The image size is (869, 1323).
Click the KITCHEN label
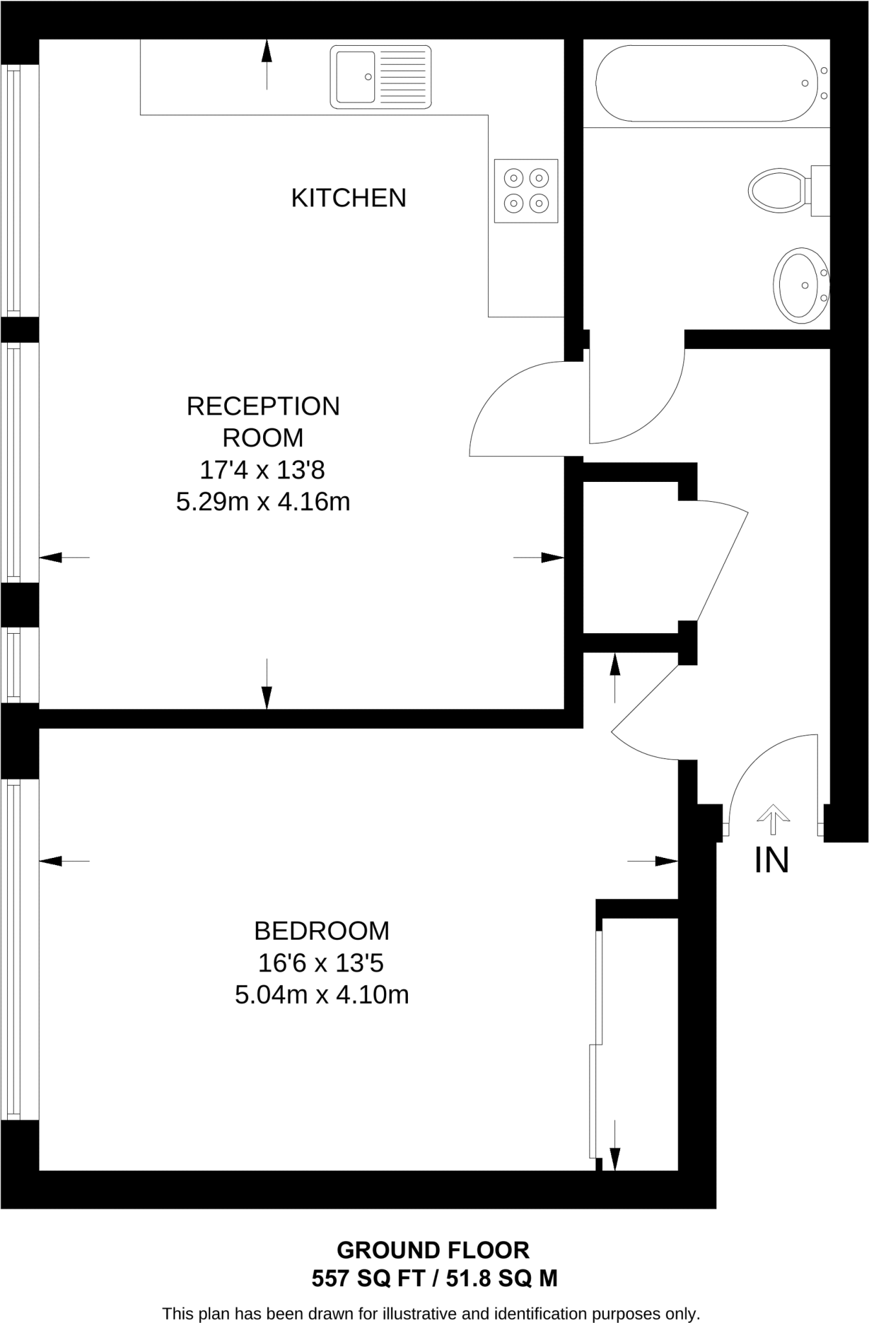pyautogui.click(x=349, y=198)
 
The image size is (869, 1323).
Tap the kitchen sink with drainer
pyautogui.click(x=381, y=77)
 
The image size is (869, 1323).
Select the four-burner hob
pyautogui.click(x=526, y=191)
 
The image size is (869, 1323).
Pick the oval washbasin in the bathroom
pyautogui.click(x=800, y=285)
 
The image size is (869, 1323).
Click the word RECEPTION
pyautogui.click(x=263, y=406)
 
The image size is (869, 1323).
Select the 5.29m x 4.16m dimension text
pyautogui.click(x=263, y=502)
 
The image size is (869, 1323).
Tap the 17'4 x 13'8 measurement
pyautogui.click(x=262, y=470)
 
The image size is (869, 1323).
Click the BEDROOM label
pyautogui.click(x=321, y=931)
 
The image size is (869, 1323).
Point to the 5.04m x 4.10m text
pyautogui.click(x=321, y=995)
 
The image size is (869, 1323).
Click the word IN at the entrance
pyautogui.click(x=771, y=860)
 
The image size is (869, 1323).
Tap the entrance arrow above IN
pyautogui.click(x=773, y=819)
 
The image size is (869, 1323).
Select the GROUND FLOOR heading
pyautogui.click(x=433, y=1251)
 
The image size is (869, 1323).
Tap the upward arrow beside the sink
pyautogui.click(x=266, y=63)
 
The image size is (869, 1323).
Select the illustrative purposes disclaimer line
pyautogui.click(x=431, y=1313)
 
